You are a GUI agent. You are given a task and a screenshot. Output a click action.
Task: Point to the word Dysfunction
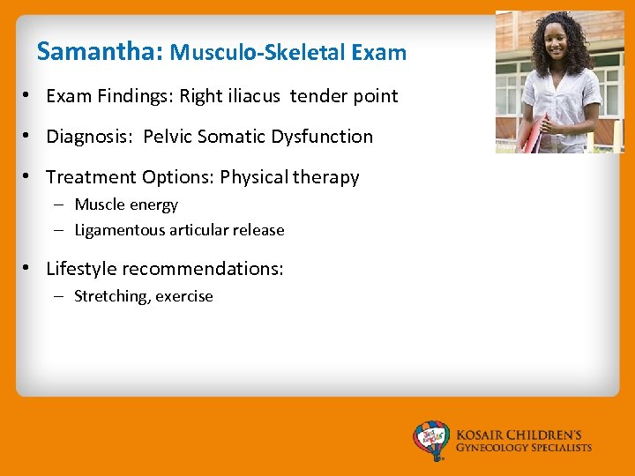click(326, 137)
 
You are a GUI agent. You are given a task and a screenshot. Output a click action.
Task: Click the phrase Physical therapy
click(289, 177)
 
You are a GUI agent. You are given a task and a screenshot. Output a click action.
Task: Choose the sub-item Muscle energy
click(126, 205)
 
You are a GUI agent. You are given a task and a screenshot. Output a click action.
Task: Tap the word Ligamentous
click(116, 230)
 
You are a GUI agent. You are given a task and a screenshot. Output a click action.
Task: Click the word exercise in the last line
click(185, 297)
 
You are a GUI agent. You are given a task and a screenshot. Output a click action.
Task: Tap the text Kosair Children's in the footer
click(519, 435)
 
